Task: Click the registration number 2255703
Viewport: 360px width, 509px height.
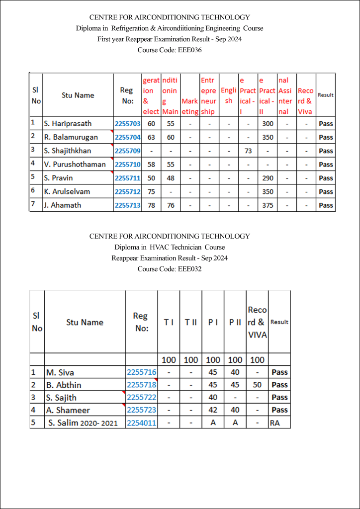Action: pyautogui.click(x=127, y=124)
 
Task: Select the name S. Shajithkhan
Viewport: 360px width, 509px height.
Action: pyautogui.click(x=68, y=151)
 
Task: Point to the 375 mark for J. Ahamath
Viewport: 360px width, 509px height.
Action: pyautogui.click(x=268, y=205)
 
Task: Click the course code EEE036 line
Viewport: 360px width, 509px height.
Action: pyautogui.click(x=170, y=50)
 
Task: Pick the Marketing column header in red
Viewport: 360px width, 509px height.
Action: pyautogui.click(x=189, y=106)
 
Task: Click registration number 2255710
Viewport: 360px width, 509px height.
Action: pyautogui.click(x=127, y=165)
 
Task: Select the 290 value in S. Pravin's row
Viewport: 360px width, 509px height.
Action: pyautogui.click(x=268, y=178)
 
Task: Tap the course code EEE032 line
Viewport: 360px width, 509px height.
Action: pyautogui.click(x=170, y=269)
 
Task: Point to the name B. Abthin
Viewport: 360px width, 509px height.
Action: pyautogui.click(x=64, y=385)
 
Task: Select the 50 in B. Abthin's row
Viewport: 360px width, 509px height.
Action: pyautogui.click(x=257, y=385)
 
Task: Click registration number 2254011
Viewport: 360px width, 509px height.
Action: pyautogui.click(x=141, y=423)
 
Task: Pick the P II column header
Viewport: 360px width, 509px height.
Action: pyautogui.click(x=235, y=322)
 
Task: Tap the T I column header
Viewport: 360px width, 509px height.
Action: pyautogui.click(x=169, y=322)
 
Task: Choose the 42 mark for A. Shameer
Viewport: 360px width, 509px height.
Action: pyautogui.click(x=213, y=410)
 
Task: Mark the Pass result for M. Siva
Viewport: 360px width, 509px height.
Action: pyautogui.click(x=279, y=372)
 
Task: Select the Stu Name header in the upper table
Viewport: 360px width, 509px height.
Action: pyautogui.click(x=78, y=95)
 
